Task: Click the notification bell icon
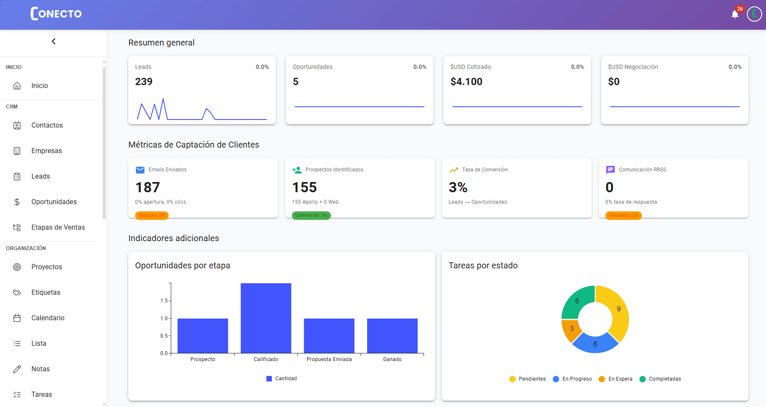pos(735,15)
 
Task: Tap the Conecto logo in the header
pos(56,14)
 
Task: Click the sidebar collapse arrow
pos(54,41)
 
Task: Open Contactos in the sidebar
pos(47,125)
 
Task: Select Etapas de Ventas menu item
pos(58,227)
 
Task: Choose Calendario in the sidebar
pos(48,318)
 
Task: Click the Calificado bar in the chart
pos(266,318)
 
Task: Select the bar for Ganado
pos(392,336)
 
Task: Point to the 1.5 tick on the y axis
pos(164,301)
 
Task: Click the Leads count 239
pos(144,82)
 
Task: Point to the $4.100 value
pos(466,82)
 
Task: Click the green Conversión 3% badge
pos(311,215)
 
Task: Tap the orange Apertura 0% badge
pos(152,215)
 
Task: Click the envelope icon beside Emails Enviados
pos(140,170)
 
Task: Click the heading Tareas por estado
pos(483,265)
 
